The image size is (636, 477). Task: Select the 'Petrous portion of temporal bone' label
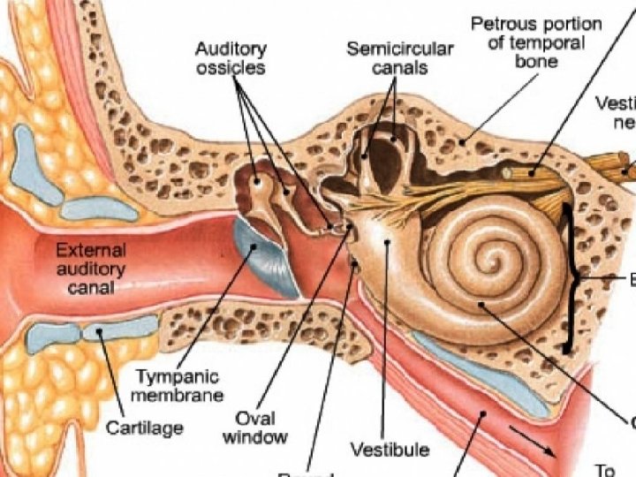[537, 42]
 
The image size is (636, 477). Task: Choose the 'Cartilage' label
[144, 428]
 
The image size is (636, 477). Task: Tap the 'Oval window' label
[255, 427]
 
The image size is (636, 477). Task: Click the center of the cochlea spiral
[483, 262]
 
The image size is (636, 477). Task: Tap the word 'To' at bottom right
[604, 470]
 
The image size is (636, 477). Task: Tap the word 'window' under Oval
[255, 436]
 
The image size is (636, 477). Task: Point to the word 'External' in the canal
[91, 251]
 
